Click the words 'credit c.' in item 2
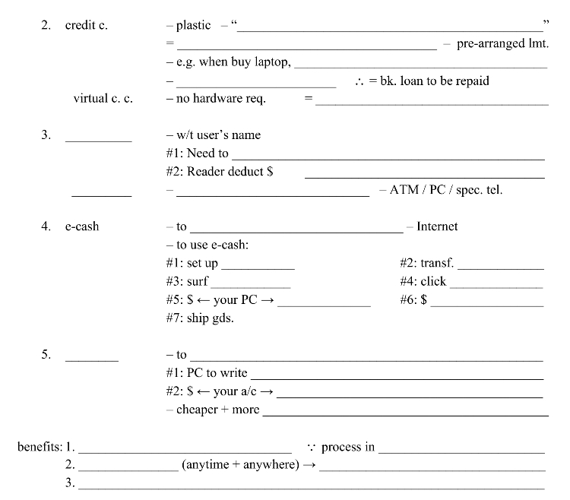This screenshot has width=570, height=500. pos(86,25)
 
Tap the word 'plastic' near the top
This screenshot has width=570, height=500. pos(193,25)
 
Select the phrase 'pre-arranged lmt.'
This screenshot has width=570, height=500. pos(502,43)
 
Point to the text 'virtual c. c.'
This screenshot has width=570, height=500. pos(103,99)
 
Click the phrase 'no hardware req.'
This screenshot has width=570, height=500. pos(220,99)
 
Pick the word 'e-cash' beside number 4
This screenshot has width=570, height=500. pos(82,226)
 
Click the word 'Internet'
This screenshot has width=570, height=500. pos(437,226)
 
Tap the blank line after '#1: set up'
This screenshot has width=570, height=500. pos(258,269)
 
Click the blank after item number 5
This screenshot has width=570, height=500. pos(92,359)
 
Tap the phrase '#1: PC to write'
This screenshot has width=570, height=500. pos(207,373)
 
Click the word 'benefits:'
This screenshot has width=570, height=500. pos(40,447)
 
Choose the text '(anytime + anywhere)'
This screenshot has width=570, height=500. pos(240,465)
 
